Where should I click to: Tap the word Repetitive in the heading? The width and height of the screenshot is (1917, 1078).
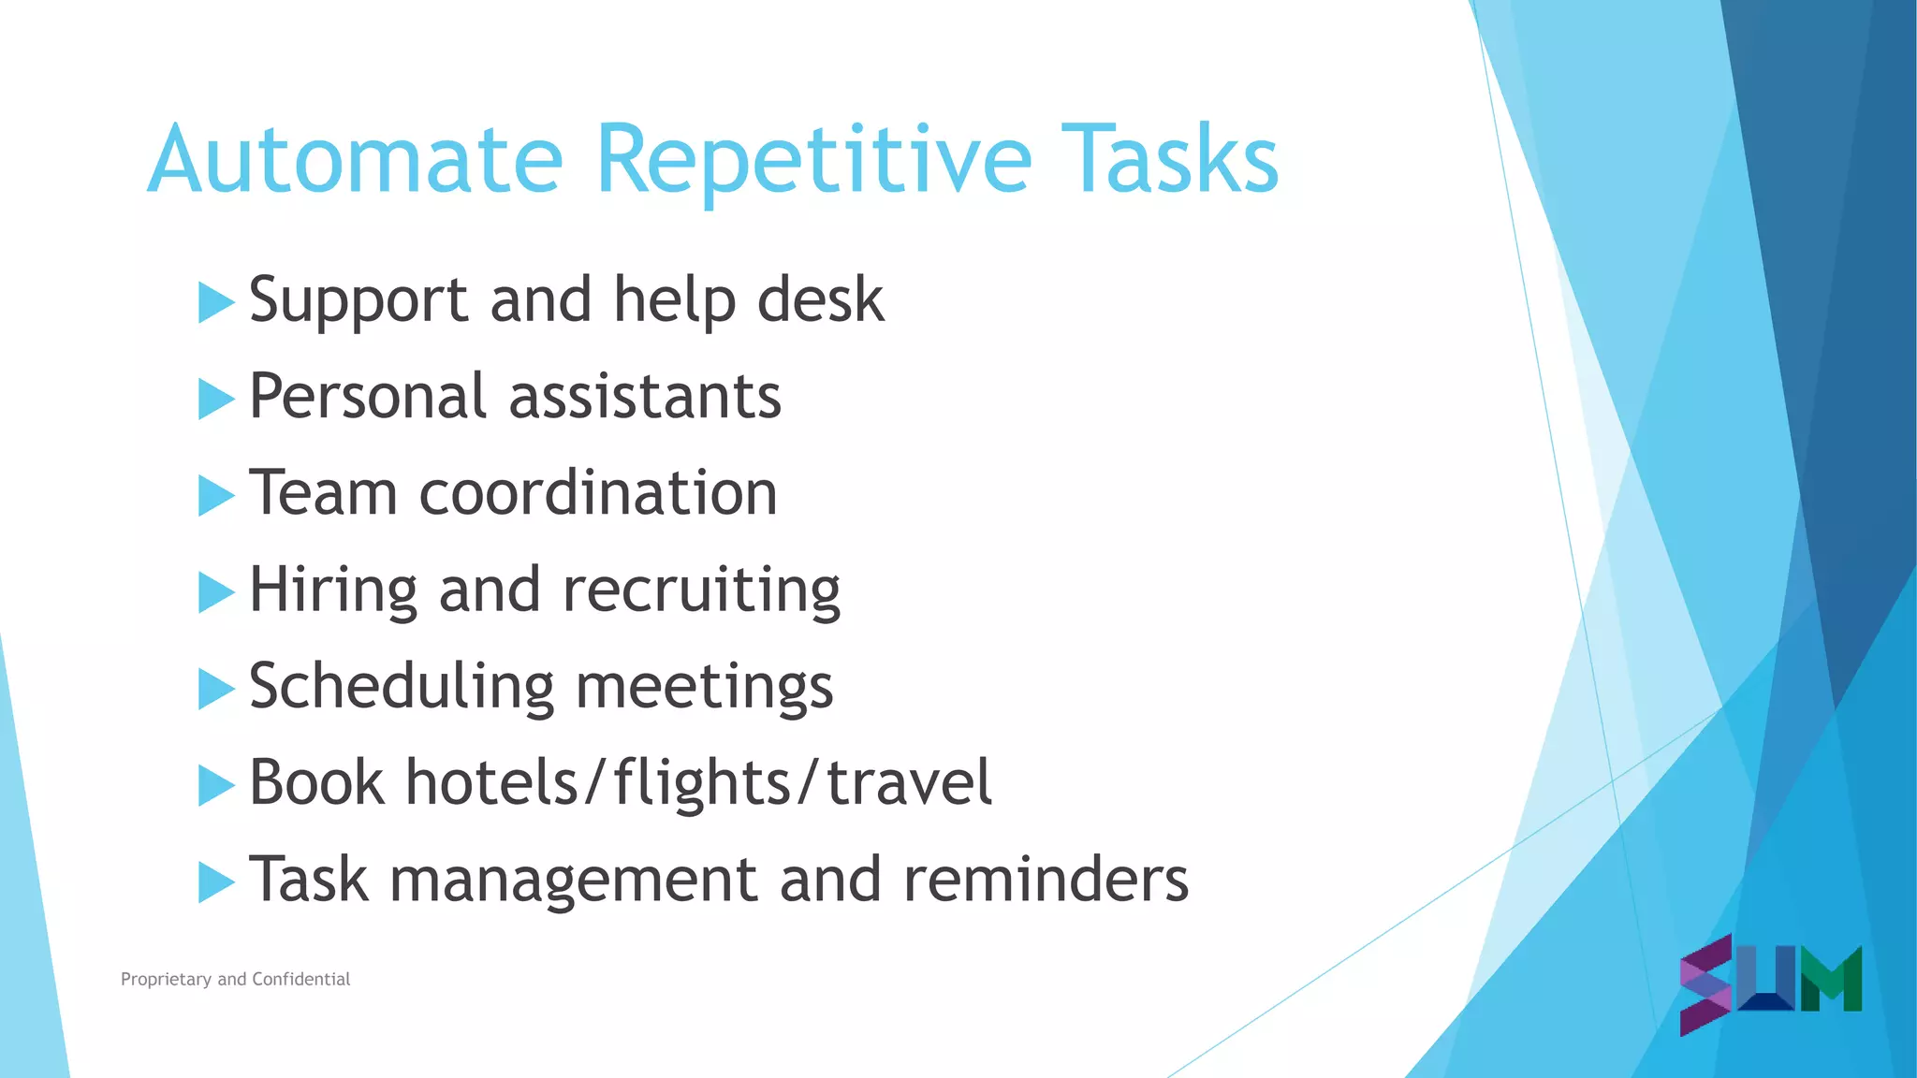[812, 161]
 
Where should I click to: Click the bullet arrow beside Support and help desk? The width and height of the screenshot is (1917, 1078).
[215, 303]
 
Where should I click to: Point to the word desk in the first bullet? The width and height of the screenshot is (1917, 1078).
[820, 301]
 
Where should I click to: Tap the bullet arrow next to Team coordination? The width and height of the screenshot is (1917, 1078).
[215, 496]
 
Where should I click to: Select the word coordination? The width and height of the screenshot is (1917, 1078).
[598, 493]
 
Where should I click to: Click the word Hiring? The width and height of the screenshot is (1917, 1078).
[332, 591]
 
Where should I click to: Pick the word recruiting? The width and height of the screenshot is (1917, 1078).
[701, 591]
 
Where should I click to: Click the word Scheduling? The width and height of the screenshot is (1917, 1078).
[402, 687]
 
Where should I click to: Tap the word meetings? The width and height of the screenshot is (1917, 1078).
[704, 689]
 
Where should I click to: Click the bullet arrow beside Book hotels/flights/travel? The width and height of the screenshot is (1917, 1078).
[215, 785]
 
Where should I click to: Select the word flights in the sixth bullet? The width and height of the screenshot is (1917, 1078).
[702, 783]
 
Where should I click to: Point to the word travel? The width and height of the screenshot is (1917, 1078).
[909, 783]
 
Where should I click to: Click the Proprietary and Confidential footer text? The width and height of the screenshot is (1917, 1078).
[235, 979]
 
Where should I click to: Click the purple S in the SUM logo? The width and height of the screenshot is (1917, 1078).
[1705, 984]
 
